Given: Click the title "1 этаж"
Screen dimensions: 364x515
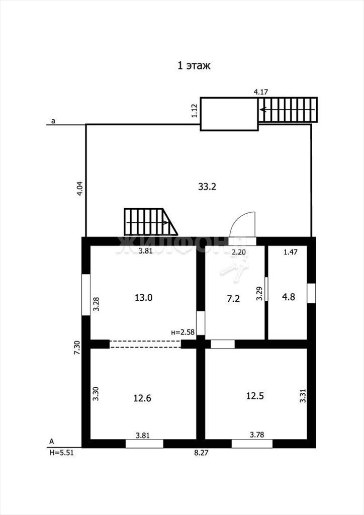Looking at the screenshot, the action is coord(194,66).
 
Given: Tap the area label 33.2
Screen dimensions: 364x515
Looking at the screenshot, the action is coord(207,187).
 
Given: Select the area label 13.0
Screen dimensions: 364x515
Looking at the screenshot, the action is coord(143,298).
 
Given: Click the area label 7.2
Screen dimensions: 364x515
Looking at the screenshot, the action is coord(233,299).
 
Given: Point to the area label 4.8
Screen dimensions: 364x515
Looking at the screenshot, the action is coord(289,297).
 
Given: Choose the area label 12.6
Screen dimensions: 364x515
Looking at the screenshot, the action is coord(142,398).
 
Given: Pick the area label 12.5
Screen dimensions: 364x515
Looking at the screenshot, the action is coord(255,396).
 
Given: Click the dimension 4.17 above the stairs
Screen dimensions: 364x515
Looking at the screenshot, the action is coord(261,92).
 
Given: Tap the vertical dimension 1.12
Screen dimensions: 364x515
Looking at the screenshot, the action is coord(194,111).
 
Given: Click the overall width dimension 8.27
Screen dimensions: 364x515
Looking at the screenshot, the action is coord(202,453).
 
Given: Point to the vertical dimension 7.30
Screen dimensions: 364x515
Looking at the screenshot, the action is coord(77,348).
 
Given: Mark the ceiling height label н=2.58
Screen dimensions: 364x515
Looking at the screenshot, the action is coord(183,332).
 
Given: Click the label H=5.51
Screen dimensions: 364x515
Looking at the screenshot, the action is coord(61,453).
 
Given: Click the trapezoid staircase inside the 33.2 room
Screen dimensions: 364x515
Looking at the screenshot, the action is coord(151,222).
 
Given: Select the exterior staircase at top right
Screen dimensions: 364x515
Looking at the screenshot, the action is coord(288,110).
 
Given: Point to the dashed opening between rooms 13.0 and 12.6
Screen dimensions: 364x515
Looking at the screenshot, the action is coord(145,344).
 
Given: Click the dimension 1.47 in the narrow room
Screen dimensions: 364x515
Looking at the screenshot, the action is coord(291,252).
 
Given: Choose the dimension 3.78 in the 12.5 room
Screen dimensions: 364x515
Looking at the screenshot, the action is coord(257,435).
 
